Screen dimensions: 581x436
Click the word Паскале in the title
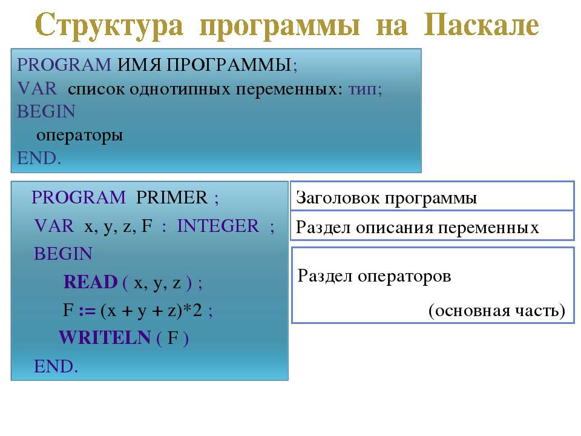coord(481,24)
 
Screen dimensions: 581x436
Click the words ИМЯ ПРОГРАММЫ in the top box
coord(204,65)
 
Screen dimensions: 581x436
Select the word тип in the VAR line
coord(363,89)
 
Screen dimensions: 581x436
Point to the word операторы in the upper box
coord(80,136)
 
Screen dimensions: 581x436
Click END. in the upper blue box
coord(39,158)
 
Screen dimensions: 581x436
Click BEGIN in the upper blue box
coord(47,111)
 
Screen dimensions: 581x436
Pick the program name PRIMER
coord(171,197)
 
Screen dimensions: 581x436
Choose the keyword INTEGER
coord(218,226)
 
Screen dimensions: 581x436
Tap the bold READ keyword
coord(91,282)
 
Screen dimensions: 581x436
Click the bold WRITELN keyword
coord(105,338)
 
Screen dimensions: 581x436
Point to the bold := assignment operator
coord(87,311)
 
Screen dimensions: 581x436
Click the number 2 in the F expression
coord(197,309)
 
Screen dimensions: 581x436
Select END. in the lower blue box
coord(56,366)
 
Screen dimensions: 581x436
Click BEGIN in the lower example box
coord(63,254)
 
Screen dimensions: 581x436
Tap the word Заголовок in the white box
coord(338,198)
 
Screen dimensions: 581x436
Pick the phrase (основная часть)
coord(496,310)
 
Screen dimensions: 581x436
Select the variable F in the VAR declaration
coord(147,226)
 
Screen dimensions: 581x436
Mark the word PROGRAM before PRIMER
coord(79,197)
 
